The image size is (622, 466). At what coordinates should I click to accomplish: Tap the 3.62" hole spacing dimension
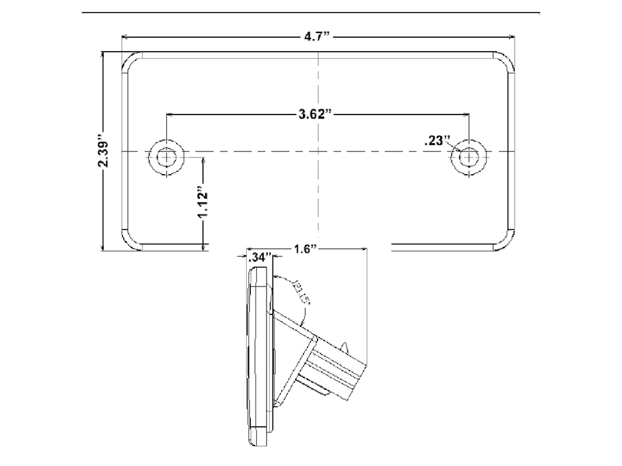[314, 114]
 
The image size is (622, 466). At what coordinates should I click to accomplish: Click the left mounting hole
[165, 158]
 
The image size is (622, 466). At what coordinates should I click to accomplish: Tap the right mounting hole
[469, 158]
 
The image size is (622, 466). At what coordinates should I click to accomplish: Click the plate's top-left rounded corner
[130, 62]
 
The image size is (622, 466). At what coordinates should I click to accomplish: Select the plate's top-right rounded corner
[506, 62]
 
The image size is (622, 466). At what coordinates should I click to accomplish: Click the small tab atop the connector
[345, 346]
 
